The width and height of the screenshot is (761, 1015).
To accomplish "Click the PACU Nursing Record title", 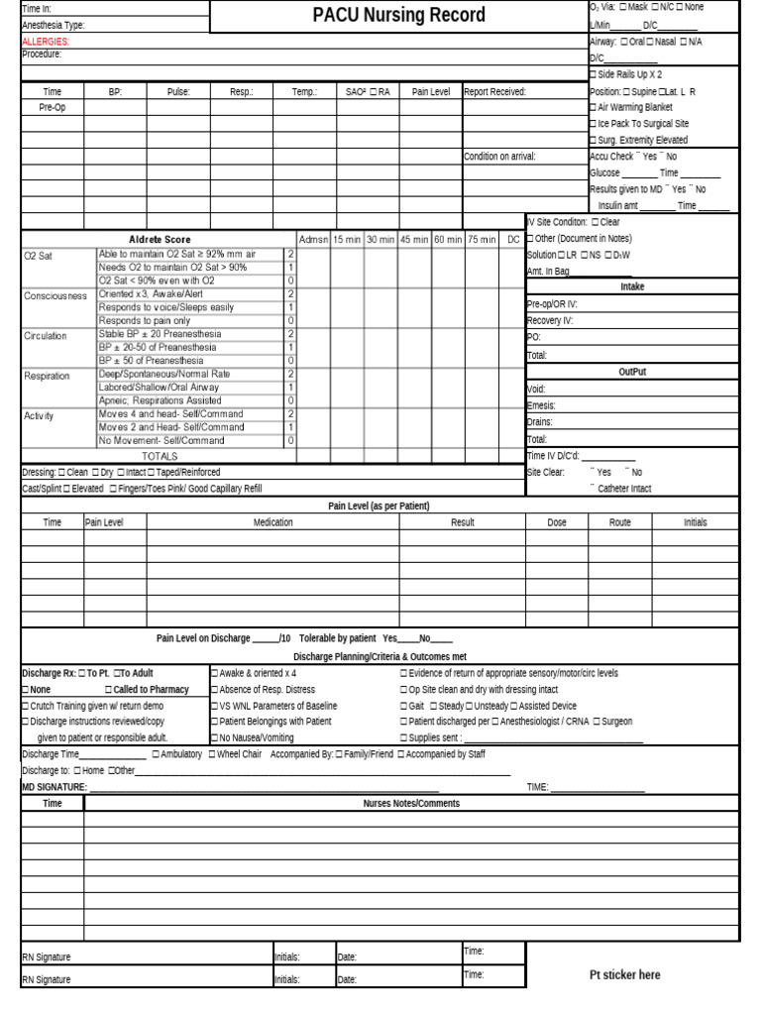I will [398, 15].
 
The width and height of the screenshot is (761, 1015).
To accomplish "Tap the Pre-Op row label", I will [52, 107].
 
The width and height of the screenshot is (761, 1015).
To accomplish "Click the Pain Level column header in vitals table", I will [430, 91].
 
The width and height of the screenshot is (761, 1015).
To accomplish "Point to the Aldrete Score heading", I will [160, 239].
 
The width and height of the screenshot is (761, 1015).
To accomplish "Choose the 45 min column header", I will [413, 239].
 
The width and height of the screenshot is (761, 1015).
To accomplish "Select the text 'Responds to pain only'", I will [145, 321].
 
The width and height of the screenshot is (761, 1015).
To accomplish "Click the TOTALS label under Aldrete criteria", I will [160, 456].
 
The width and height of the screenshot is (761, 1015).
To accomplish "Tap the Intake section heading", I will [632, 286].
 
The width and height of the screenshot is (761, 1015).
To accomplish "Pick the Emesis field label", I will [541, 405].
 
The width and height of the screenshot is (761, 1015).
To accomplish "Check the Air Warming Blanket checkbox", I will [593, 107].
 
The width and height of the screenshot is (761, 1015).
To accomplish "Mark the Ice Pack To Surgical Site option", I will [593, 124].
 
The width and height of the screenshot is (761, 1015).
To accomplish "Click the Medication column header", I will [272, 522].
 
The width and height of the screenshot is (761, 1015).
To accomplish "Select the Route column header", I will [619, 522].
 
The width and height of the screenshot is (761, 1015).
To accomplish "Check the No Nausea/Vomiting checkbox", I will [215, 738].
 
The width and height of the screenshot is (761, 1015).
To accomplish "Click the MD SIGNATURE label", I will [54, 787].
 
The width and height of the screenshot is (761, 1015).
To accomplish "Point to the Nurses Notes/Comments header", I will [411, 804].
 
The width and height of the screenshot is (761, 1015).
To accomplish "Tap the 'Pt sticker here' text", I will [624, 975].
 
